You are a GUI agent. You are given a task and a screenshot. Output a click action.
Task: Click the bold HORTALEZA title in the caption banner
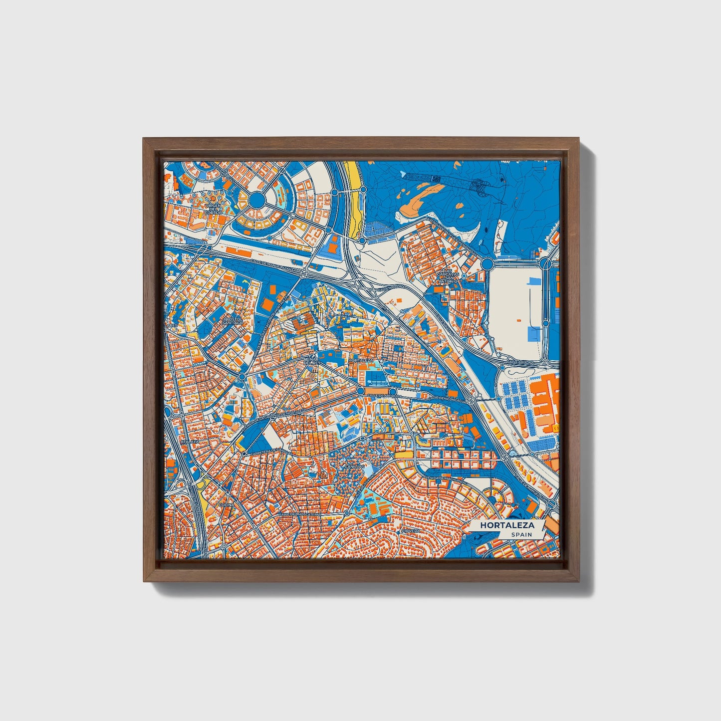507,525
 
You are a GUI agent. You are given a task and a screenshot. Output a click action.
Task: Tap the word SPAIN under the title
521,535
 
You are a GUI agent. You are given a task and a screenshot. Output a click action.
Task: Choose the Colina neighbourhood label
226,505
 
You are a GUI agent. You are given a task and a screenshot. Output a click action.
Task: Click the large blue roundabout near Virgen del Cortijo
257,200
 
